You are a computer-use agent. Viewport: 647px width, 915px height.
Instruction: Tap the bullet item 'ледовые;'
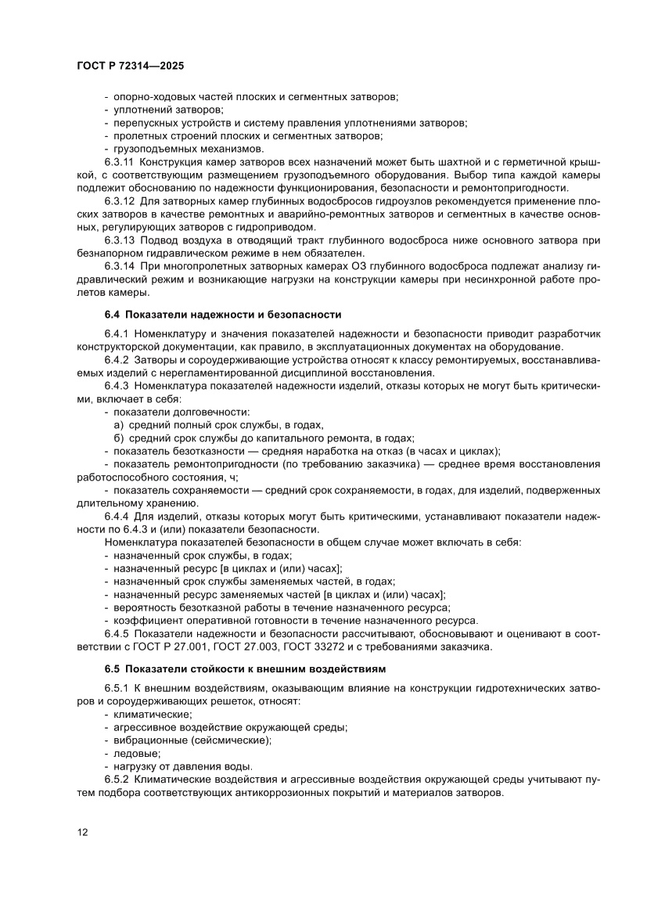[x=131, y=753]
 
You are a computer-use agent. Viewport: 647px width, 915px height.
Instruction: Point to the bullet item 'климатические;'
[x=147, y=714]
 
